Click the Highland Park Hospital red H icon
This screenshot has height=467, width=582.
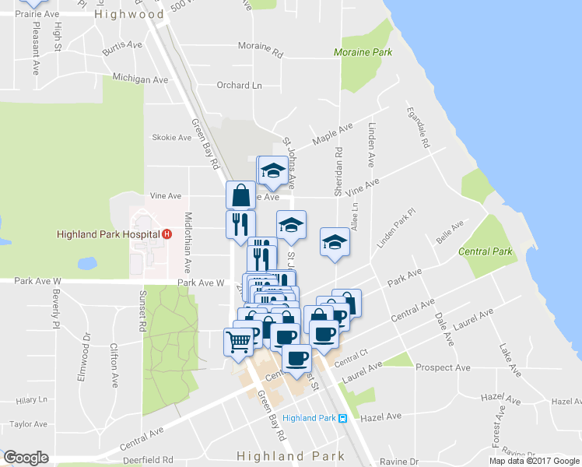167,234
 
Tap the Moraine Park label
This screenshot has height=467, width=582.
363,53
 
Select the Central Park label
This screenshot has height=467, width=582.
486,251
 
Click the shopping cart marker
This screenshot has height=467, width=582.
239,341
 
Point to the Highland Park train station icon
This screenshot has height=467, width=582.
342,418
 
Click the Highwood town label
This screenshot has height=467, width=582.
129,14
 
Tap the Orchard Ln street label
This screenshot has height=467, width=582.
239,86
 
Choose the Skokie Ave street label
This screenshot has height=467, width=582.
172,138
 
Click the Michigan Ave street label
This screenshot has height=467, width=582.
140,79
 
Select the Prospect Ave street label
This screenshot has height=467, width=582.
443,367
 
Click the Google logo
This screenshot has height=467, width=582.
26,457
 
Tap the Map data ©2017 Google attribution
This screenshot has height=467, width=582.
534,461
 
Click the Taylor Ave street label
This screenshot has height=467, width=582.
29,425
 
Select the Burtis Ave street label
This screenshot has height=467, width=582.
122,48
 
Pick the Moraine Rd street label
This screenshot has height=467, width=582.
261,49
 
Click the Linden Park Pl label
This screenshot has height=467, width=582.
397,228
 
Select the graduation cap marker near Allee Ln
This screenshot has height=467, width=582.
335,241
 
